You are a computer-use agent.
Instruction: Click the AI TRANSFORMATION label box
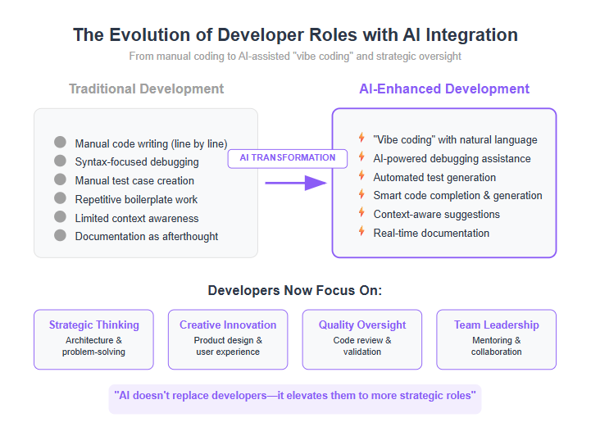pos(287,158)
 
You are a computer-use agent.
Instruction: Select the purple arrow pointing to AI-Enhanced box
pos(296,183)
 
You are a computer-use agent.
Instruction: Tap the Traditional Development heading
pos(146,89)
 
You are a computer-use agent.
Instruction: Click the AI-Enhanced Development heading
pos(444,89)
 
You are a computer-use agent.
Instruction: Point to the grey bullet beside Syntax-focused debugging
pos(60,161)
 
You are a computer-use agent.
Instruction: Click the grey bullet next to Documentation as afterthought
pos(60,235)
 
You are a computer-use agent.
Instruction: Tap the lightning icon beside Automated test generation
pos(361,175)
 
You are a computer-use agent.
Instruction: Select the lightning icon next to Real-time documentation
pos(361,231)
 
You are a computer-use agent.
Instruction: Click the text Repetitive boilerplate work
pos(136,199)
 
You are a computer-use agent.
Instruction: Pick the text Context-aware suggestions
pos(436,215)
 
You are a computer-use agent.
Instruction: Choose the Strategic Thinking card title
pos(93,325)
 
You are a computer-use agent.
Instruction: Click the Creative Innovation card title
pos(228,325)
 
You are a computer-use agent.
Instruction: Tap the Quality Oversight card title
pos(362,325)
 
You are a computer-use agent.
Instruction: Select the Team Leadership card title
pos(497,325)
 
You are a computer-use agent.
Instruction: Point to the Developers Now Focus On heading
pos(295,291)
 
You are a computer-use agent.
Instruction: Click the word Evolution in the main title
pos(149,35)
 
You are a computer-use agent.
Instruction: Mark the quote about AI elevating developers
pos(295,396)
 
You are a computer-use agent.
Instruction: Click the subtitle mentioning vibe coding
pos(295,57)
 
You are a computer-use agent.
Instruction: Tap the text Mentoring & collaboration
pos(497,346)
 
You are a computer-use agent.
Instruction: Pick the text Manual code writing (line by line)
pos(151,143)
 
